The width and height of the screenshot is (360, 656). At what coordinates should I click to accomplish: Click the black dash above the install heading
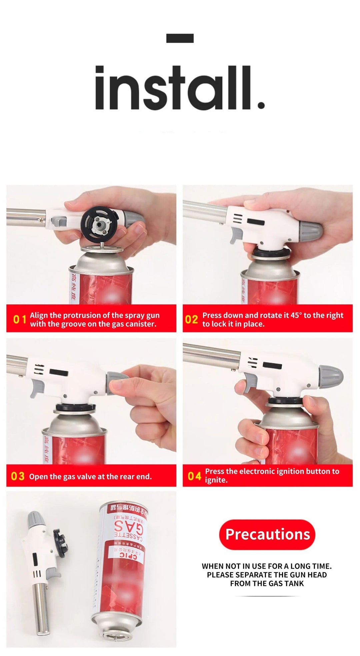coord(180,38)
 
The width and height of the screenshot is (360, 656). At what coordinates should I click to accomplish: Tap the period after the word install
coord(261,105)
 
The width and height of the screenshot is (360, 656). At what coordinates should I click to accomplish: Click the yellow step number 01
coord(19,319)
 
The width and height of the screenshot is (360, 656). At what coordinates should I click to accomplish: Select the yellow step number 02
coord(191,319)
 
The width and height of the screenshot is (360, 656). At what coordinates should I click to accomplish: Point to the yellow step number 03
coord(18,476)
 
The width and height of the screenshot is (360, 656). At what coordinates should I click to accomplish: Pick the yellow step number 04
coord(194,476)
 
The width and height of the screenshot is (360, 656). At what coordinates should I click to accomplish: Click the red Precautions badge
coord(267,534)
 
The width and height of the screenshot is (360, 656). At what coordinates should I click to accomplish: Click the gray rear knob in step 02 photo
coord(310,230)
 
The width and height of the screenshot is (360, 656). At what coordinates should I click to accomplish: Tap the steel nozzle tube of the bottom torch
coord(41,613)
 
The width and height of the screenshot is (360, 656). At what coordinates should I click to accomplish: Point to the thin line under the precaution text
coord(267,596)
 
